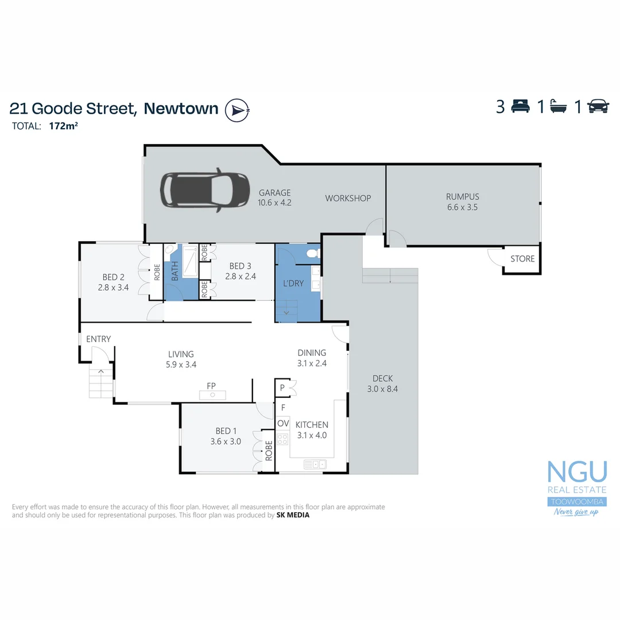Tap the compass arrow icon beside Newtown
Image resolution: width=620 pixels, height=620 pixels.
[x=236, y=110]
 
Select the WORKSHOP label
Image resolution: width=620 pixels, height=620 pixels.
[x=348, y=198]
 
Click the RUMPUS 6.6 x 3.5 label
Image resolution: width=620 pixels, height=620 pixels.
[x=462, y=201]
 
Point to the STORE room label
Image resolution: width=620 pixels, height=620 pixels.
[x=522, y=259]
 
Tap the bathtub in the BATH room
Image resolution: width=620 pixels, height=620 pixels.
[x=189, y=261]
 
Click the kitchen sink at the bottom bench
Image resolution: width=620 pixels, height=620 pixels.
[x=315, y=464]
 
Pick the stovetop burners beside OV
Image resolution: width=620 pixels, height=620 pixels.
[x=282, y=439]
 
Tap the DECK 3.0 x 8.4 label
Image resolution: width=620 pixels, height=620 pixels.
[x=382, y=383]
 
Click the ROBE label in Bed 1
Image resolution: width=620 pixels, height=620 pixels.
[x=268, y=452]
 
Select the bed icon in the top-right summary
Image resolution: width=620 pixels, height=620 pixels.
[x=521, y=107]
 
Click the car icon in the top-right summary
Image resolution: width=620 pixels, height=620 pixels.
[x=598, y=107]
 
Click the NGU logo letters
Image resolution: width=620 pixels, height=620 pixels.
[x=576, y=471]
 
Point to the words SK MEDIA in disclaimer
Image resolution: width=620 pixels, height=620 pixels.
[x=293, y=515]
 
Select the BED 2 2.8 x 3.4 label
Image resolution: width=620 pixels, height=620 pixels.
[x=111, y=282]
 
